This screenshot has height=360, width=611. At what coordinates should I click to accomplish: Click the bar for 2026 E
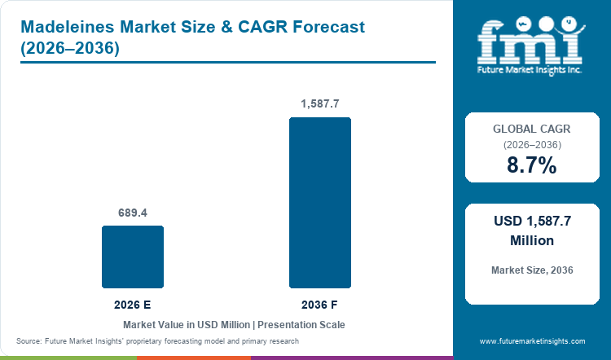pyautogui.click(x=133, y=257)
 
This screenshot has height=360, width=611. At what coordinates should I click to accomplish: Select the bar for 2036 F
pyautogui.click(x=320, y=203)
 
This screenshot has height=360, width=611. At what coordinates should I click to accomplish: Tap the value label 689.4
pyautogui.click(x=133, y=213)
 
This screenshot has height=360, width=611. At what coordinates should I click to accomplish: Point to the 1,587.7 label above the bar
pyautogui.click(x=320, y=103)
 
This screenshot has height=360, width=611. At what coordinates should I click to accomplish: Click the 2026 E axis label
pyautogui.click(x=133, y=305)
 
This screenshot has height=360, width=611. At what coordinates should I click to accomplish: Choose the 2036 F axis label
pyautogui.click(x=319, y=305)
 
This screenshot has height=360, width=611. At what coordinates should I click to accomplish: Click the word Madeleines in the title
pyautogui.click(x=68, y=27)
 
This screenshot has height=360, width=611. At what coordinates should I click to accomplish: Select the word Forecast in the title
pyautogui.click(x=329, y=27)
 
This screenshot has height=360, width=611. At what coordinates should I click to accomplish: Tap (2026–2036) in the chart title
pyautogui.click(x=70, y=48)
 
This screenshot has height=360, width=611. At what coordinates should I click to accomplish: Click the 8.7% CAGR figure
pyautogui.click(x=532, y=165)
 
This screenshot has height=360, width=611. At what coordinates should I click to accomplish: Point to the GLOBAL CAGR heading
pyautogui.click(x=532, y=129)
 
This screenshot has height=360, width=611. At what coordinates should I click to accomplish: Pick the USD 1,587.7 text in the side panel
pyautogui.click(x=532, y=221)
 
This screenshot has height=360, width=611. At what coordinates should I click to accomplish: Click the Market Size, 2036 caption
pyautogui.click(x=532, y=270)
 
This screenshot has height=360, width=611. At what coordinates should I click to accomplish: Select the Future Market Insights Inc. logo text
pyautogui.click(x=530, y=70)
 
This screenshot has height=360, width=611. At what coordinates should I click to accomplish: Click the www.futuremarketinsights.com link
pyautogui.click(x=532, y=341)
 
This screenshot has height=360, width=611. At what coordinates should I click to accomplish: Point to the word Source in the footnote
pyautogui.click(x=28, y=341)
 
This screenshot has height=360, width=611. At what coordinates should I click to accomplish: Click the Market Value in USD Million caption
pyautogui.click(x=187, y=325)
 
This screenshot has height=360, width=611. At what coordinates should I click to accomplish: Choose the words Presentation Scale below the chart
pyautogui.click(x=301, y=325)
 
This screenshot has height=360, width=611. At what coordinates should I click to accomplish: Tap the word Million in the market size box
pyautogui.click(x=532, y=240)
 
